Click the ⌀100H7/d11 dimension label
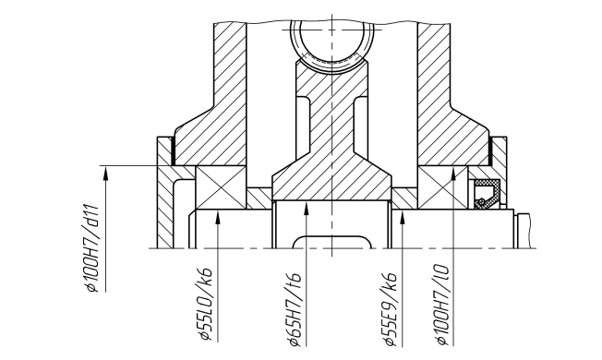[93, 249]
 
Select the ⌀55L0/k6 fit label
[205, 303]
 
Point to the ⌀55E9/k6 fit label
[390, 309]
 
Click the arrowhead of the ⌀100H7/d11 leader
[106, 173]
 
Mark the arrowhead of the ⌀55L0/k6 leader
[218, 216]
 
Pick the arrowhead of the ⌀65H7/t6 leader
[306, 208]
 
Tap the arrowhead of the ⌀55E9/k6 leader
[403, 216]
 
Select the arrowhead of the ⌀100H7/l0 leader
[453, 173]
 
